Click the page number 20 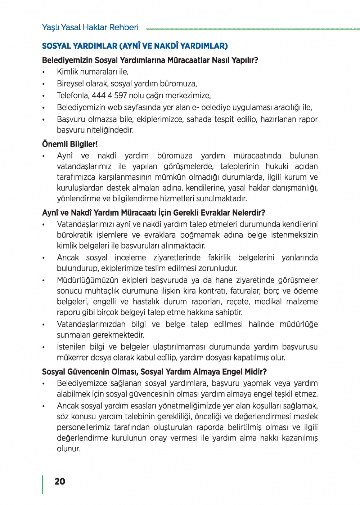(x=60, y=482)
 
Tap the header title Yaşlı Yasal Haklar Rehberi (x=90, y=27)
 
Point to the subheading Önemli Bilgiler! (x=70, y=144)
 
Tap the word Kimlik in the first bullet (x=67, y=72)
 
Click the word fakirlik (x=219, y=258)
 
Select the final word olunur (x=68, y=449)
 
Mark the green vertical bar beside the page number (x=43, y=484)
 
